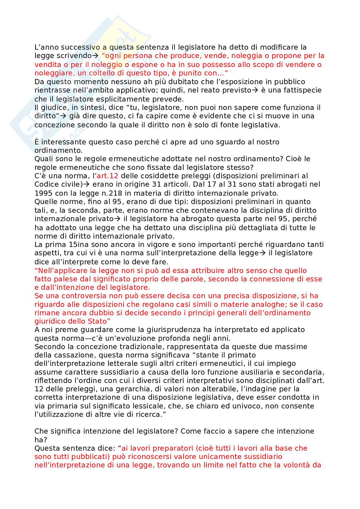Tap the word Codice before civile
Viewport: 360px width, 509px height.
point(46,185)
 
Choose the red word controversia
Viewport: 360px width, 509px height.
point(84,296)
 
